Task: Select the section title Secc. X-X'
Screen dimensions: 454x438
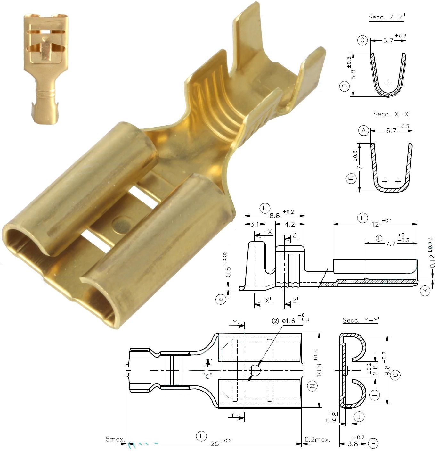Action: [392, 114]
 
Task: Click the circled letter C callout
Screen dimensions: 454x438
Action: [362, 40]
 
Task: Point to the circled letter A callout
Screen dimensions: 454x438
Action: [363, 130]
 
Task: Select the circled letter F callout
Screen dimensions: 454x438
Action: [362, 219]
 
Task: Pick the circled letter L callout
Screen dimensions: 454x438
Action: [201, 436]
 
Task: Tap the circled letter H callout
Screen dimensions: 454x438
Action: [373, 443]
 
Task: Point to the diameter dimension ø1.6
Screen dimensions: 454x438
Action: [288, 321]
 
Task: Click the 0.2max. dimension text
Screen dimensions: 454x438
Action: [317, 439]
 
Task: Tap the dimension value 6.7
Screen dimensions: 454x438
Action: [391, 131]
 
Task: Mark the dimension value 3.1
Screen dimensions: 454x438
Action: [255, 224]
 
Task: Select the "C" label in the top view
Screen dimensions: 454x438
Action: [207, 376]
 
